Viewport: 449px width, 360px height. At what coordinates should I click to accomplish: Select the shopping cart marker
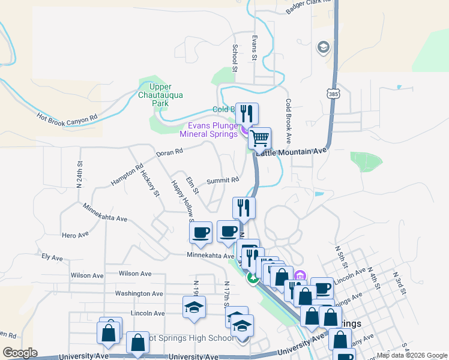pos(259,139)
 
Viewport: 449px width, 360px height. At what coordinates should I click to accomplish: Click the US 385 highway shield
pos(333,94)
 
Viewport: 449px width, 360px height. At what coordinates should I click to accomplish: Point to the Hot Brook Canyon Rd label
pos(67,117)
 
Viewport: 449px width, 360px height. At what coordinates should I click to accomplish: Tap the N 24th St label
pos(79,173)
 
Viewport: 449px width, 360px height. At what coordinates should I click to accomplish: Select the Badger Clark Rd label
pos(308,7)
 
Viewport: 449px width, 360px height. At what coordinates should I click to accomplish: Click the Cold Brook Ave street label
pos(288,119)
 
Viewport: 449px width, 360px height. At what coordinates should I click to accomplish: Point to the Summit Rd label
pos(223,179)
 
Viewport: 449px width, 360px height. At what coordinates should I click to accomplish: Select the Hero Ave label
pos(75,234)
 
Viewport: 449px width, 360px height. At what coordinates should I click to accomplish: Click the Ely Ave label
pos(52,257)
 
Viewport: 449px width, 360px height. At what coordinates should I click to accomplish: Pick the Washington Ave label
pos(139,293)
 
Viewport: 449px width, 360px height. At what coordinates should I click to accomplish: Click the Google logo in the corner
pos(20,353)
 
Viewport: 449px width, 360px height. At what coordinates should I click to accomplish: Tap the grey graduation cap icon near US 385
pos(324,47)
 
